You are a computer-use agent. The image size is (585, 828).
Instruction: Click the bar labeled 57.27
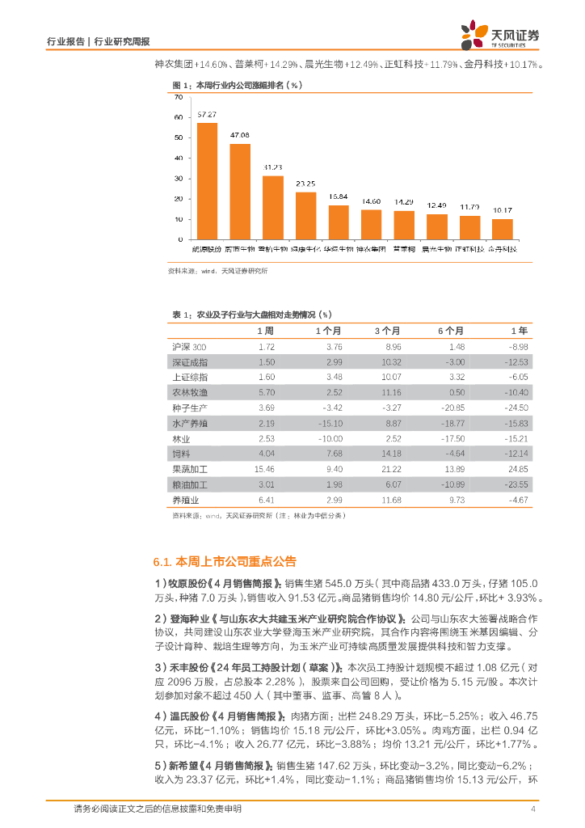pos(207,181)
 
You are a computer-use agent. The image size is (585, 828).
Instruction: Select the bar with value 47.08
pos(240,192)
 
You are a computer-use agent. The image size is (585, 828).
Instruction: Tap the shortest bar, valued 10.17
pos(502,230)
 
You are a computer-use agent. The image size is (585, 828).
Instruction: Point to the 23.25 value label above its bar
pos(305,184)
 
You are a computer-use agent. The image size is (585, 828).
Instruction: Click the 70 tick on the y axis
pos(179,97)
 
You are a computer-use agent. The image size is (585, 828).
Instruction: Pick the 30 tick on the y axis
pos(179,179)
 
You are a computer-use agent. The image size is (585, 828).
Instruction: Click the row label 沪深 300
pos(190,347)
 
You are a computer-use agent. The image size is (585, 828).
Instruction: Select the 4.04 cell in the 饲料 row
pos(267,454)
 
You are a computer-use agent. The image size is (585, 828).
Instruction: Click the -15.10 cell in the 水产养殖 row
pos(332,424)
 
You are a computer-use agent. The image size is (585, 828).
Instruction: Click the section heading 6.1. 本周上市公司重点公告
pos(225,561)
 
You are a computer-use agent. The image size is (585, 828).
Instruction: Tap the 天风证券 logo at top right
pos(500,34)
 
